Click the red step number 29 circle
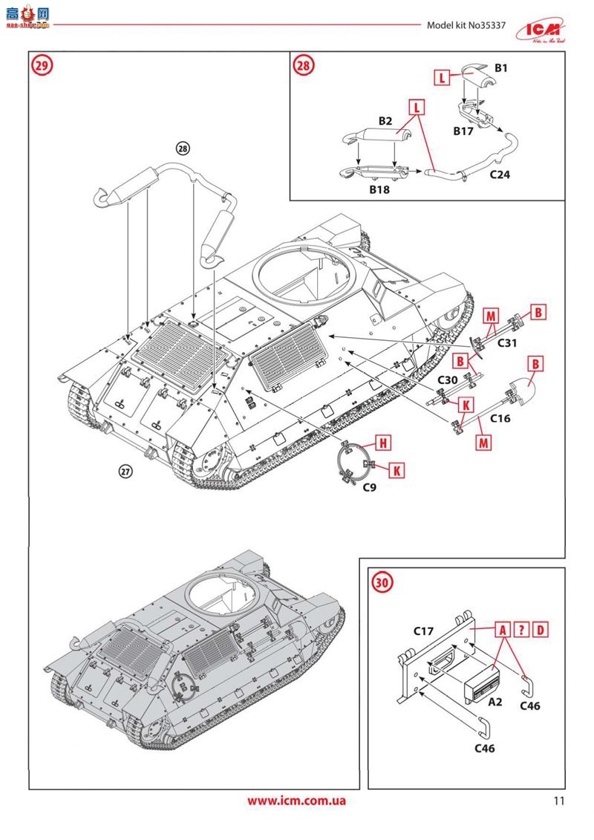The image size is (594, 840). point(42,65)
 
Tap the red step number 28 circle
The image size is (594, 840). point(302,65)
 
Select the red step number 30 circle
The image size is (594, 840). point(380,582)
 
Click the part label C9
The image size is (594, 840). point(370,487)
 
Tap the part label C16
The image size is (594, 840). point(500,419)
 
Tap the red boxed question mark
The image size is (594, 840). point(522,630)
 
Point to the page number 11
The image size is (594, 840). point(559,801)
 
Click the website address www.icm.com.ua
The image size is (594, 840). point(296,801)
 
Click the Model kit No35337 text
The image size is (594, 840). point(466,25)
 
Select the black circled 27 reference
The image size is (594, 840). point(125,470)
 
